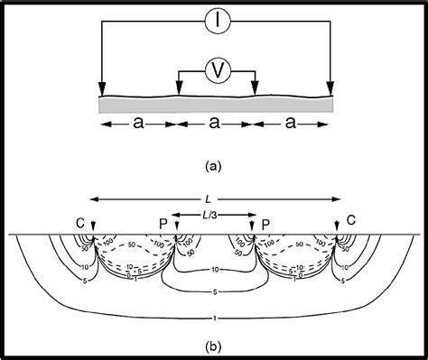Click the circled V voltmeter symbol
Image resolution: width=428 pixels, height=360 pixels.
coord(217,68)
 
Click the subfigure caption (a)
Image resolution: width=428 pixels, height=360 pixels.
coord(214,165)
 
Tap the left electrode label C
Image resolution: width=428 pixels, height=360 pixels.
coord(80,221)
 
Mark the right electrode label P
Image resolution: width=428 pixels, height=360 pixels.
coord(265,221)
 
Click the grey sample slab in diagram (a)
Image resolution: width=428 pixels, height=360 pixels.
coord(217,104)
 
